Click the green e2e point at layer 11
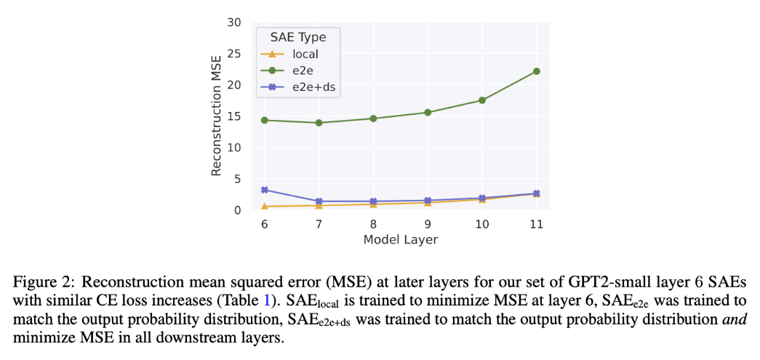536,71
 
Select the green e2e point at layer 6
265,120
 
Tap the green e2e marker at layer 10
482,100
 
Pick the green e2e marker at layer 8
373,119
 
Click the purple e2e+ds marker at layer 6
265,190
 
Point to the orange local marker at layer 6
265,207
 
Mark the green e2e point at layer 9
428,113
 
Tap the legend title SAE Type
298,37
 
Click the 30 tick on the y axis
233,23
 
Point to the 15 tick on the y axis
233,116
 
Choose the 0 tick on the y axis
237,210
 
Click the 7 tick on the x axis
319,225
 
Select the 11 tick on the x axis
536,225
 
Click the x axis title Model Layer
400,240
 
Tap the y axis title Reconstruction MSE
215,116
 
